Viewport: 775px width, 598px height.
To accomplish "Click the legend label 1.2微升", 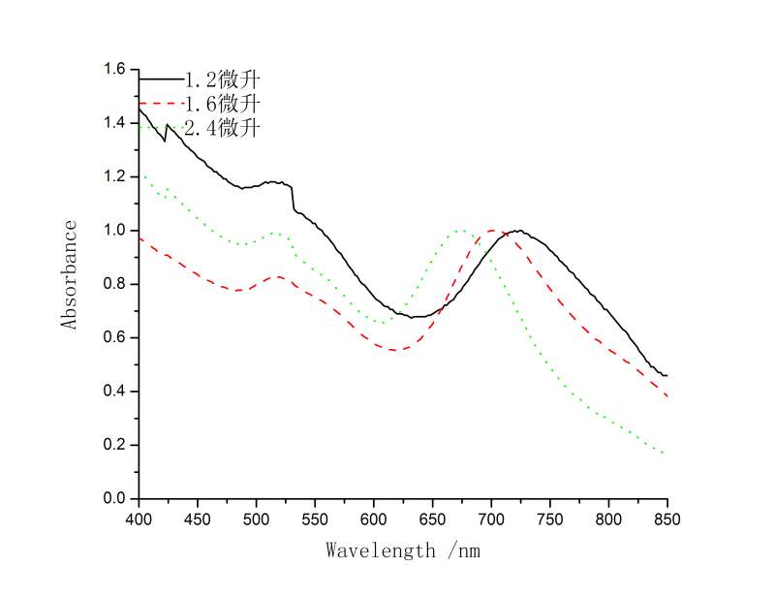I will click(x=223, y=79).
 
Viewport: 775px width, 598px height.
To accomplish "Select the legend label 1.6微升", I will click(x=223, y=103).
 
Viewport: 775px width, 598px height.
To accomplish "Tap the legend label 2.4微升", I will click(x=223, y=127).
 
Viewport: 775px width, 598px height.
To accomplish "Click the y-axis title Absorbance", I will click(x=70, y=275).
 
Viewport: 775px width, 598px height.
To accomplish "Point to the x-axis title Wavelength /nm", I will click(x=403, y=551).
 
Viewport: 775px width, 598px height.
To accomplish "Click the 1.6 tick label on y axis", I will click(x=115, y=69).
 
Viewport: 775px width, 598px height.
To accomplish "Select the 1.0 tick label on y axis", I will click(x=115, y=231).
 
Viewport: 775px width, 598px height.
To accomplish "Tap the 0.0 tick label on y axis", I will click(x=115, y=499).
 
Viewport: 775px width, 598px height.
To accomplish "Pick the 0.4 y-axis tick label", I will click(x=115, y=392).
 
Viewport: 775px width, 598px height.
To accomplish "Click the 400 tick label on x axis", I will click(x=139, y=519).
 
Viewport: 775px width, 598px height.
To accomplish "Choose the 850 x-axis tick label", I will click(x=667, y=519).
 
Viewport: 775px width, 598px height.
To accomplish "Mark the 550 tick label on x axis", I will click(x=315, y=519).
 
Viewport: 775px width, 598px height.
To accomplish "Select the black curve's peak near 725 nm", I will click(x=519, y=231).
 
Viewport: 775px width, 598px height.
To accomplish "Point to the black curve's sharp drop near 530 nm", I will click(x=293, y=198).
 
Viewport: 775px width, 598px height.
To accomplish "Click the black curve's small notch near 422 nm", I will click(x=165, y=141).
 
